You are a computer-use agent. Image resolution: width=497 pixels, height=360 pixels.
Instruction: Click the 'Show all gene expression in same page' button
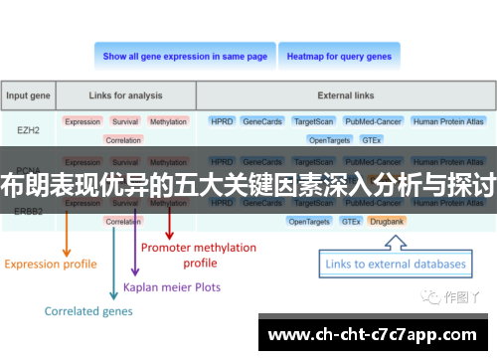coord(185,57)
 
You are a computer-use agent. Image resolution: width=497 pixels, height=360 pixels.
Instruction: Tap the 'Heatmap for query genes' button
coord(339,57)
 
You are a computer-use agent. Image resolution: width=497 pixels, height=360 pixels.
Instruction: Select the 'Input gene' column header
coord(29,96)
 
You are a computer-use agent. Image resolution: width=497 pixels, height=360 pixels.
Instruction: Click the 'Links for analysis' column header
coord(124,96)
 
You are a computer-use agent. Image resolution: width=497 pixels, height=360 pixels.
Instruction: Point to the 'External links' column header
coord(345,96)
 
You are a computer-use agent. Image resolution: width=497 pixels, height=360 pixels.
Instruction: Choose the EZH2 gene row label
coord(29,129)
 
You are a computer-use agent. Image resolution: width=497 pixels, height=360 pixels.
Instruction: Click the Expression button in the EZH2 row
coord(83,121)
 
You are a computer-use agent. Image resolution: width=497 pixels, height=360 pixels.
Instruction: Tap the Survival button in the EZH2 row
coord(125,121)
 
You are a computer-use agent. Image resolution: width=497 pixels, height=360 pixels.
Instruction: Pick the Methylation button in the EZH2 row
coord(168,121)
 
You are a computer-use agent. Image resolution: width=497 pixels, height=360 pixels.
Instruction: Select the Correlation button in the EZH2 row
coord(123,140)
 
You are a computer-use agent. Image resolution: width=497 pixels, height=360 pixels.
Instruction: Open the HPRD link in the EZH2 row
coord(221,121)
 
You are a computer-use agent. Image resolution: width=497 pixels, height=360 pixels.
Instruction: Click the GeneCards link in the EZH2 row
coord(261,121)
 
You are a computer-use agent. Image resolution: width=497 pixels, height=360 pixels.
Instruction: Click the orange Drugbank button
coord(386,221)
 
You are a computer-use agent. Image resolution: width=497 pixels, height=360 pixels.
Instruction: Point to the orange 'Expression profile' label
coord(51,264)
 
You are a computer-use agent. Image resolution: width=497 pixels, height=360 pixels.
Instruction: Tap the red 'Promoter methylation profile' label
coord(199,255)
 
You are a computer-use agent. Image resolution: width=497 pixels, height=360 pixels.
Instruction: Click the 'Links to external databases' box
coord(393,264)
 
